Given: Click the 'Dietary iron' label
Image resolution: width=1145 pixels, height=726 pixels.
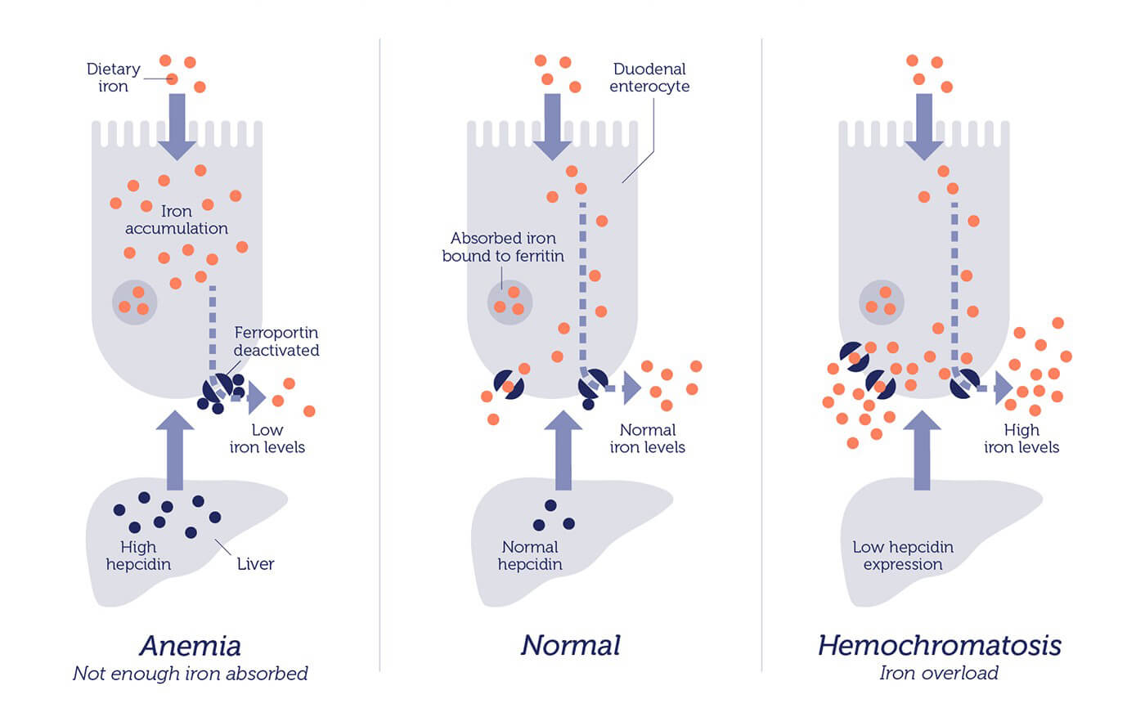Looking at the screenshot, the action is click(x=113, y=77).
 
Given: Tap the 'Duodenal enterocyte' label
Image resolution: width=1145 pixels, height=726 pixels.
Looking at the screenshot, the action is click(x=649, y=77).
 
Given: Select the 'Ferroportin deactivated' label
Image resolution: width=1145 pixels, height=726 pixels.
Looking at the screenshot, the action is click(x=276, y=341).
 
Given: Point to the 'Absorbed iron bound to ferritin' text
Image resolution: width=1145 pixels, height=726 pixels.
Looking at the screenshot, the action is click(x=503, y=247).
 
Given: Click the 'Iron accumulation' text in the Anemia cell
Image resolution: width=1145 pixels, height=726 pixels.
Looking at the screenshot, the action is click(x=177, y=220).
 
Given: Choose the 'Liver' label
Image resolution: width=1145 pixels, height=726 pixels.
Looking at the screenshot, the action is click(x=255, y=564).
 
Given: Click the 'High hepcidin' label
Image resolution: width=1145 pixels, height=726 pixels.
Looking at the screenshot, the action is click(x=138, y=556).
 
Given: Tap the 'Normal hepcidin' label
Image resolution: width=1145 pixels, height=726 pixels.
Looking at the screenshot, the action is click(x=530, y=556).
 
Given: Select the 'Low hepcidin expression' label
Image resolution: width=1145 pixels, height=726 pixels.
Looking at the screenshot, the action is click(x=903, y=556).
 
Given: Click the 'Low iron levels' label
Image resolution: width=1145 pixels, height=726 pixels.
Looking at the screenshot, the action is click(x=267, y=438).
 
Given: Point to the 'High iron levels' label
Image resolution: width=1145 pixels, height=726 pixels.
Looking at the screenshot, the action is click(x=1022, y=438).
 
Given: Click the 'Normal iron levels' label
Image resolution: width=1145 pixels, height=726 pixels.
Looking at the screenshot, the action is click(x=647, y=438).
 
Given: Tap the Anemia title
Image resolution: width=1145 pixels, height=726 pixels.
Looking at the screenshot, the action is click(x=190, y=646).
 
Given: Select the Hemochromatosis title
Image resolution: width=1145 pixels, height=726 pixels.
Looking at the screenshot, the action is click(x=940, y=645).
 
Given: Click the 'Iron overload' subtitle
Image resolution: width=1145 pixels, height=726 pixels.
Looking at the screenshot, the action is click(x=939, y=673).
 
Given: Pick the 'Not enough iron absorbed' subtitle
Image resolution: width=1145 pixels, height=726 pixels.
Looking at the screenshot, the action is click(x=190, y=674).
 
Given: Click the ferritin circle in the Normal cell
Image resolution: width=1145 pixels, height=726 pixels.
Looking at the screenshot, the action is click(x=510, y=302).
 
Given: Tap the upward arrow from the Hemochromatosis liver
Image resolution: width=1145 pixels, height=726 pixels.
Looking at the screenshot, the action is click(x=922, y=450).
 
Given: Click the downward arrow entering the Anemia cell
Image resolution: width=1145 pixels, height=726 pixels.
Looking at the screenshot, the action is click(x=177, y=127).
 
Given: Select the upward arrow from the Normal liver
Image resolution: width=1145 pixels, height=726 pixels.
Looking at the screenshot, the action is click(x=563, y=450).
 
